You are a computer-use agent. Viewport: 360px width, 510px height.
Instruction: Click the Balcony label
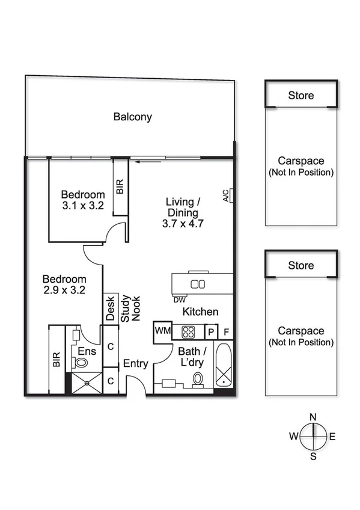[x=132, y=117]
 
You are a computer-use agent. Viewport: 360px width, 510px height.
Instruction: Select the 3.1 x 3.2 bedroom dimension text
[x=83, y=205]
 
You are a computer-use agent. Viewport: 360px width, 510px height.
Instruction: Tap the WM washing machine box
[x=162, y=330]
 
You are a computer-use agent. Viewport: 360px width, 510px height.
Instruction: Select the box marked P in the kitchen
[x=212, y=332]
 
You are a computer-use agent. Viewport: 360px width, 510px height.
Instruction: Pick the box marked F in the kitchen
[x=226, y=332]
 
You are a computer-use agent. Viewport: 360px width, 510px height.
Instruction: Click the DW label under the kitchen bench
[x=179, y=299]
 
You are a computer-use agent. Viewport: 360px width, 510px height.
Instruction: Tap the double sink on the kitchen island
[x=198, y=284]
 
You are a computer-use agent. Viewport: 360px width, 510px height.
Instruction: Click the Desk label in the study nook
[x=111, y=309]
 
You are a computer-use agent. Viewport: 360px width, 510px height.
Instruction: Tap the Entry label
[x=135, y=363]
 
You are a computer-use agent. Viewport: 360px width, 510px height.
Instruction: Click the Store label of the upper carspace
[x=301, y=96]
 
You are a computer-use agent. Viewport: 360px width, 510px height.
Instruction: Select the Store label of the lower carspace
[x=301, y=265]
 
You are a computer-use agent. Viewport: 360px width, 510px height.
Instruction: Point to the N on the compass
[x=313, y=417]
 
